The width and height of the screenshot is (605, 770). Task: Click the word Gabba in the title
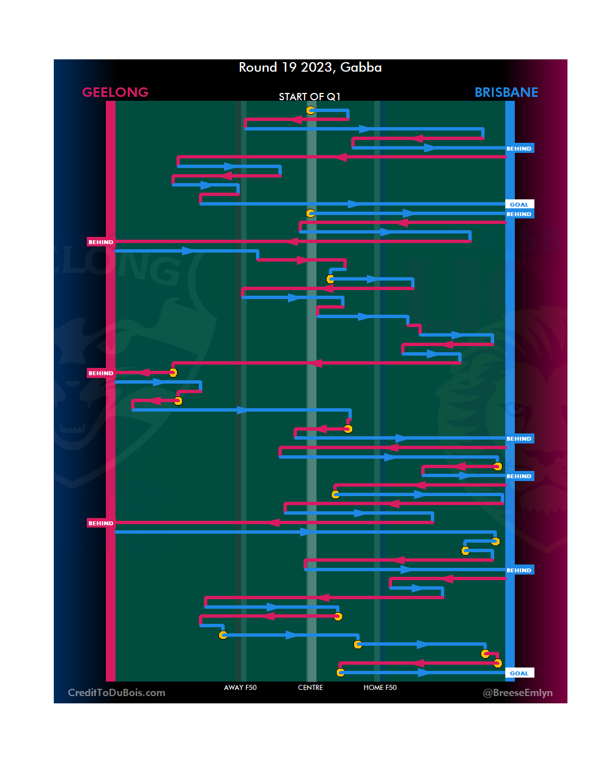(361, 68)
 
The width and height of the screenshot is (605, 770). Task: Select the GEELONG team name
(115, 92)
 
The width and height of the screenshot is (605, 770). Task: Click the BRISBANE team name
(506, 92)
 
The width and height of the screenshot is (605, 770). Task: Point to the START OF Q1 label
(310, 97)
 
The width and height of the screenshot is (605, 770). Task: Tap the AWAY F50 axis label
(240, 688)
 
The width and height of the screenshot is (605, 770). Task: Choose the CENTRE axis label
(310, 688)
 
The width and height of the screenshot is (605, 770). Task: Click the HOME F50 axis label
(380, 688)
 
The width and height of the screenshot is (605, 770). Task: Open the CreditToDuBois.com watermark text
(117, 693)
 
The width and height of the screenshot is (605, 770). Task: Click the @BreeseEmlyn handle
(518, 693)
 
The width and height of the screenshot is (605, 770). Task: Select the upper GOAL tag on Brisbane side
(519, 204)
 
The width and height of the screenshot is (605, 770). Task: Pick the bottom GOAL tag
(519, 673)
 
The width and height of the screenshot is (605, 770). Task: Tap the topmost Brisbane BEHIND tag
(519, 148)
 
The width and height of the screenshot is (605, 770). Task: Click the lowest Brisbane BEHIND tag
(519, 570)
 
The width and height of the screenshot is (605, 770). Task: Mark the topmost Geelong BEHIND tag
(101, 242)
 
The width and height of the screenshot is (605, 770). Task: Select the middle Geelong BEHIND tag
(101, 373)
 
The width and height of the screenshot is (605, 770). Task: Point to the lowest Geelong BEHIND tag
(101, 523)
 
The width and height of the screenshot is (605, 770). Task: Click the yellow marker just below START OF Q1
(310, 110)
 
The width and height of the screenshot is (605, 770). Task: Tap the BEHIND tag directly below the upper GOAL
(519, 214)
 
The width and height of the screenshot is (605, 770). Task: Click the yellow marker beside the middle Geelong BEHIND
(173, 373)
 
